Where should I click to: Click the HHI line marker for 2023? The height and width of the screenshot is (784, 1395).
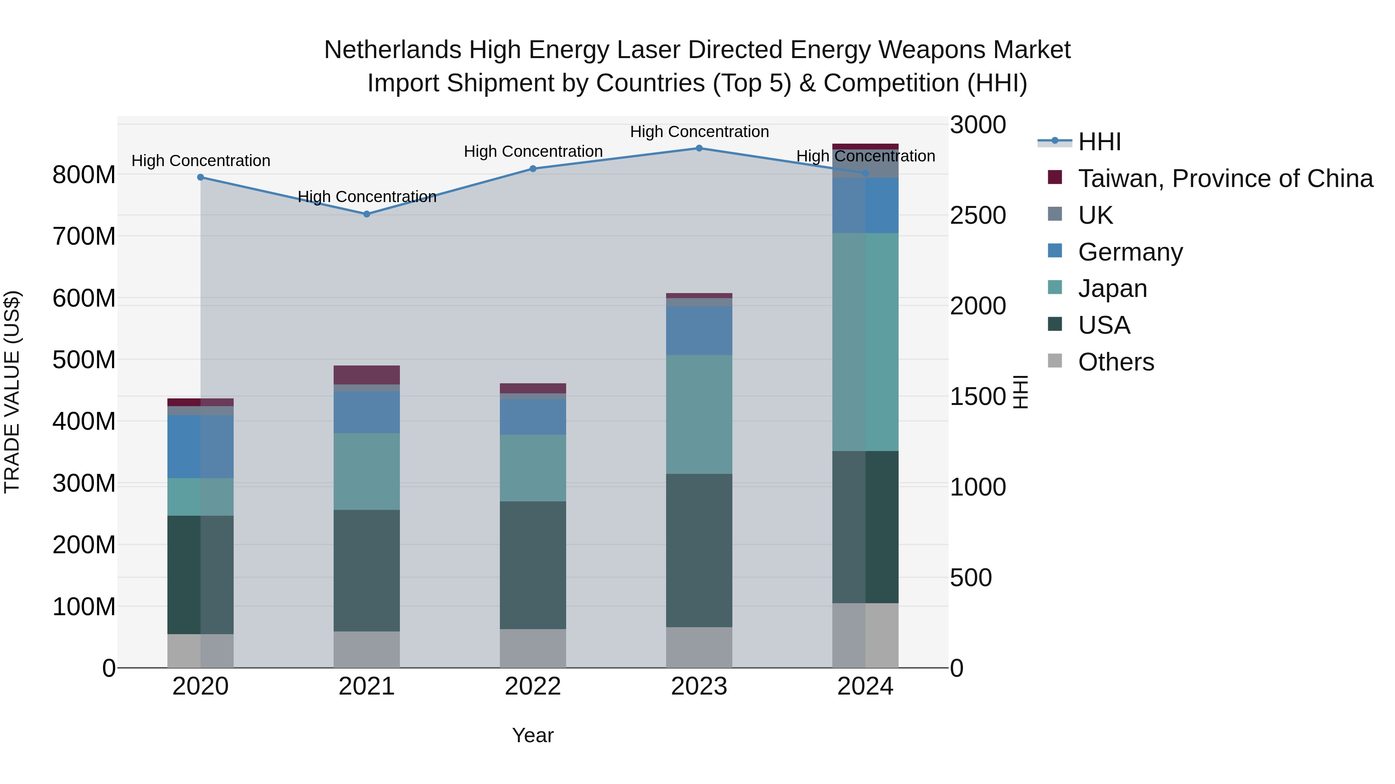pyautogui.click(x=699, y=148)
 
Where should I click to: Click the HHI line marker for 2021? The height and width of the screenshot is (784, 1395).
pyautogui.click(x=367, y=214)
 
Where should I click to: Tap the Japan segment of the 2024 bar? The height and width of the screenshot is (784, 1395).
pyautogui.click(x=865, y=342)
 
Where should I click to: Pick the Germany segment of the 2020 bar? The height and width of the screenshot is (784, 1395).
pyautogui.click(x=200, y=446)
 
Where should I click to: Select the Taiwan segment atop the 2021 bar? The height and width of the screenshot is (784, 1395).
pyautogui.click(x=367, y=374)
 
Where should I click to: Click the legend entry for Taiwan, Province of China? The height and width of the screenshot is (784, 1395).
pyautogui.click(x=1225, y=178)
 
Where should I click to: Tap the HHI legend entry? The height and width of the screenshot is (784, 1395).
pyautogui.click(x=1099, y=142)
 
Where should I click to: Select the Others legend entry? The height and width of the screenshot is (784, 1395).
pyautogui.click(x=1116, y=362)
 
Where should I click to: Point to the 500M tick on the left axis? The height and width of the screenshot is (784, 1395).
pyautogui.click(x=84, y=360)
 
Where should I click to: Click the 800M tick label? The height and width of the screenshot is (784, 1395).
pyautogui.click(x=84, y=175)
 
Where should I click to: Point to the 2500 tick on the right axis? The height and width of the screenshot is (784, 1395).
pyautogui.click(x=978, y=215)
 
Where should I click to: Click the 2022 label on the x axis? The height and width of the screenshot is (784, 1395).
pyautogui.click(x=532, y=686)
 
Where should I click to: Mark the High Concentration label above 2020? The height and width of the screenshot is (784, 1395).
pyautogui.click(x=200, y=161)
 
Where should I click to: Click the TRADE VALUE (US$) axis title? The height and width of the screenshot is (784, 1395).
pyautogui.click(x=12, y=392)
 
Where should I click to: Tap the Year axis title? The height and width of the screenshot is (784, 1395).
pyautogui.click(x=532, y=735)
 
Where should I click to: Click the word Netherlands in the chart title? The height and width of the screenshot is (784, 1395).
pyautogui.click(x=392, y=50)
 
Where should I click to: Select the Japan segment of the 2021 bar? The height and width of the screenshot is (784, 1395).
pyautogui.click(x=367, y=471)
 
